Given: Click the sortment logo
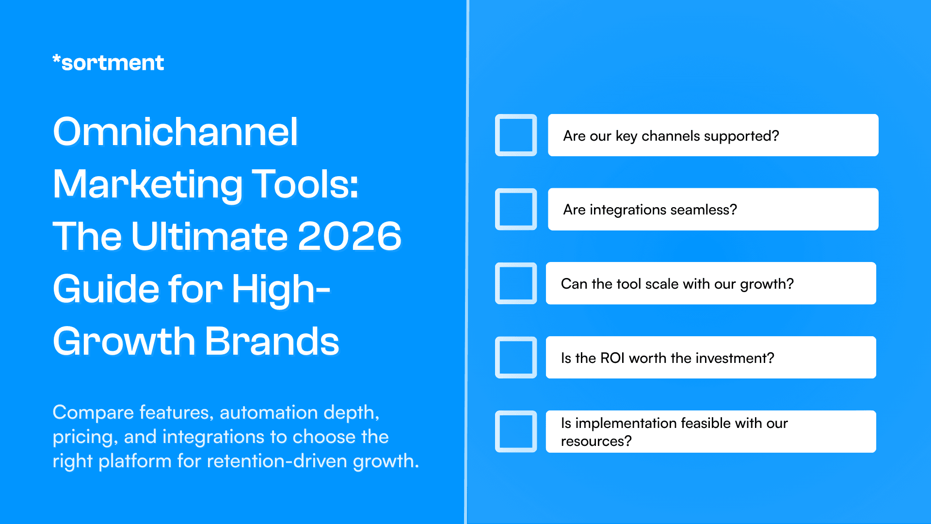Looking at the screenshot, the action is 108,63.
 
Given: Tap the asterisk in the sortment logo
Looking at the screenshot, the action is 57,59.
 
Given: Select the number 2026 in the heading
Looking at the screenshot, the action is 349,236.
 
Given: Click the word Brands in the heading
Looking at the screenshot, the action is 272,341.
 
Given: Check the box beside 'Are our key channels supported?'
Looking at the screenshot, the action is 516,135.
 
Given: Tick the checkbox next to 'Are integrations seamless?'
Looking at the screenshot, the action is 516,209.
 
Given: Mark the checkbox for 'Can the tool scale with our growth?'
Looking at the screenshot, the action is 516,283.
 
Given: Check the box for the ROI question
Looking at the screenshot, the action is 516,358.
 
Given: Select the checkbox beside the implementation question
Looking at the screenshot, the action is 516,432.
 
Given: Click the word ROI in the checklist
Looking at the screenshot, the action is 612,358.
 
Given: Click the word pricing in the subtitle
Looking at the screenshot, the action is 83,438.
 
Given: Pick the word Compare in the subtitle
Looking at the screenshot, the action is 93,413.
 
